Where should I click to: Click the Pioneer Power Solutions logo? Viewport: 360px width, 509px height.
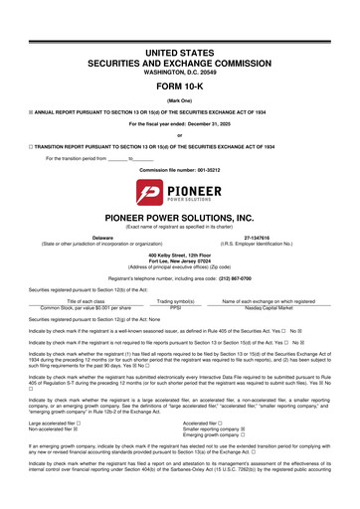(180, 190)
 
